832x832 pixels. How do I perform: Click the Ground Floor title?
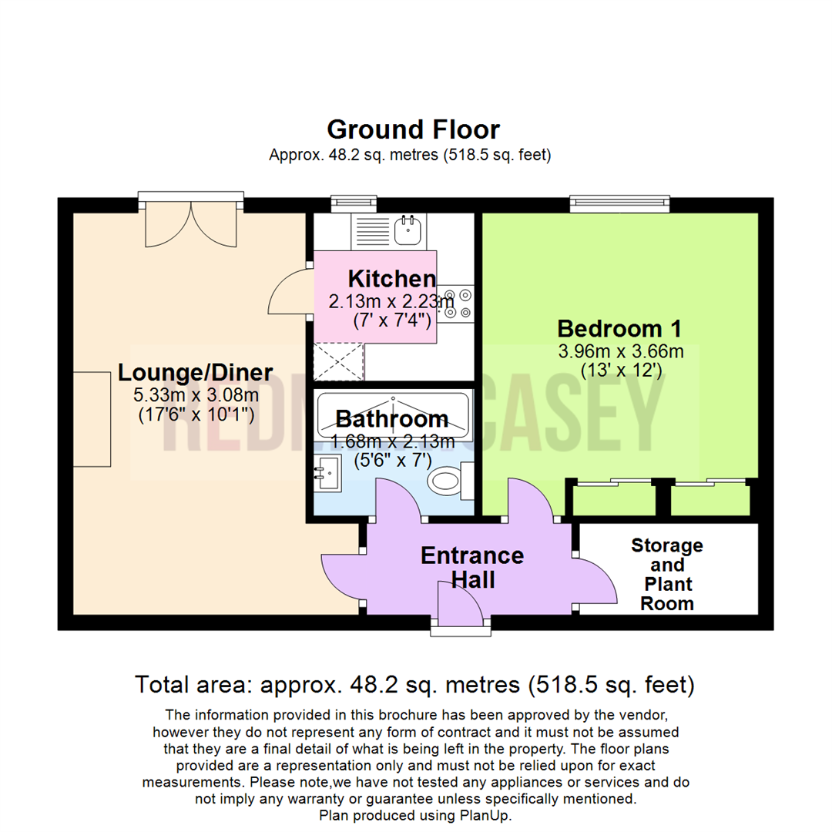(414, 129)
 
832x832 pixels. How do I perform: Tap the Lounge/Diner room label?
(195, 373)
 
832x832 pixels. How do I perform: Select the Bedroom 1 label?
(619, 328)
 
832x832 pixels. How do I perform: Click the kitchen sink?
(407, 228)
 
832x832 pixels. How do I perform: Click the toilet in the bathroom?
(445, 482)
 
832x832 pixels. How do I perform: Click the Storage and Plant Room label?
(667, 574)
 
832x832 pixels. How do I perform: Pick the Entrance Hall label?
(472, 567)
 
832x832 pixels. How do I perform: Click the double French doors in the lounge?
(191, 223)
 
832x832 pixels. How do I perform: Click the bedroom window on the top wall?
(619, 204)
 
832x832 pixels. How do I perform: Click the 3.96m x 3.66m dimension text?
(620, 352)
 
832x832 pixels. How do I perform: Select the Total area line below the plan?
(415, 683)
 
